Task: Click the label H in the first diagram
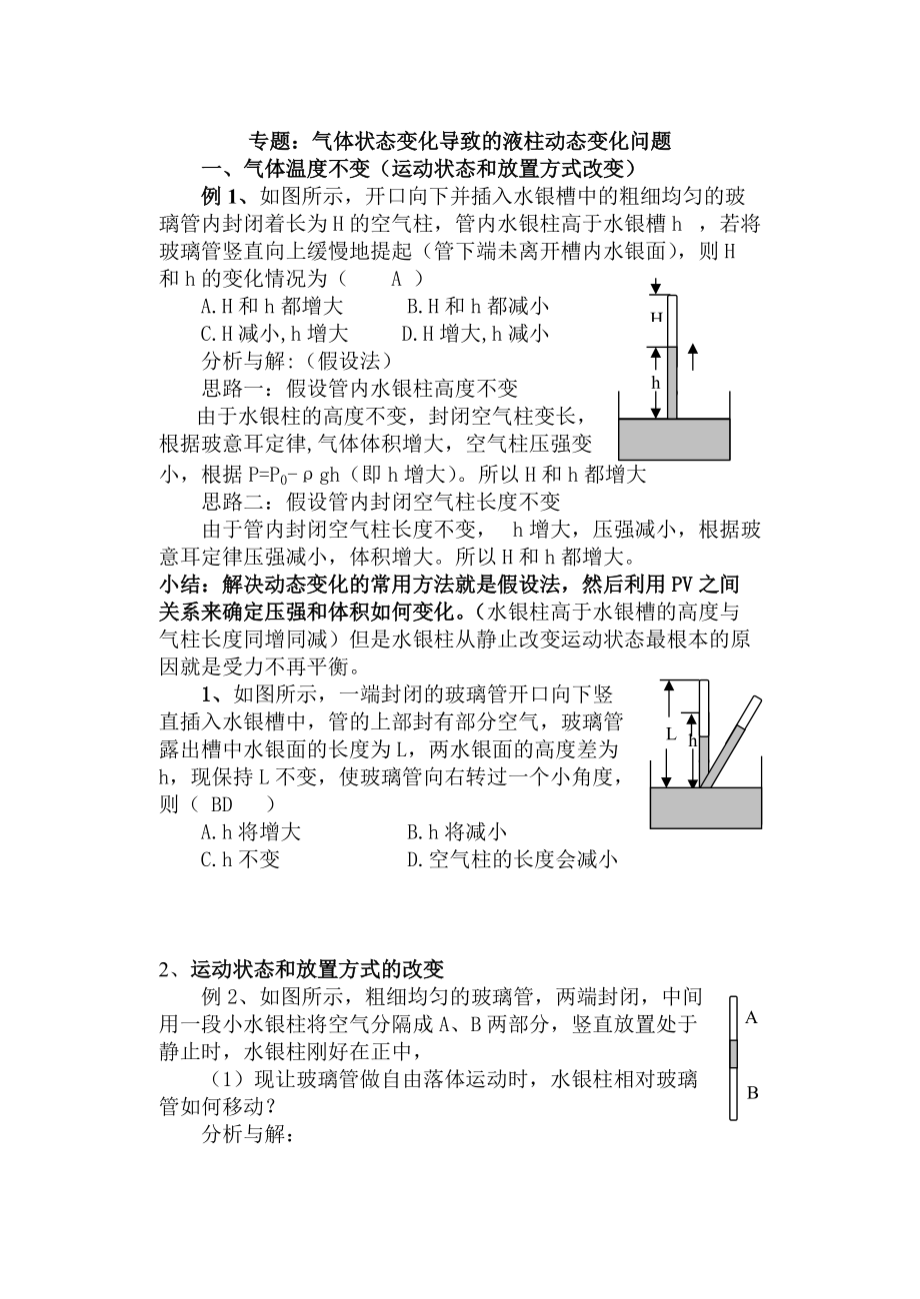[x=657, y=318]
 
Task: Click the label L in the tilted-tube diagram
[x=672, y=733]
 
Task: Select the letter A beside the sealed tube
[x=752, y=1018]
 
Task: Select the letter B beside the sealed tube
[x=752, y=1093]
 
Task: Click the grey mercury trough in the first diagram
[x=674, y=440]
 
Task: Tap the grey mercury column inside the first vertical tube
[x=672, y=383]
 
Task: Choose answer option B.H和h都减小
[x=478, y=306]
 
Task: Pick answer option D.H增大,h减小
[x=474, y=333]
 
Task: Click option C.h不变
[x=240, y=858]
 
